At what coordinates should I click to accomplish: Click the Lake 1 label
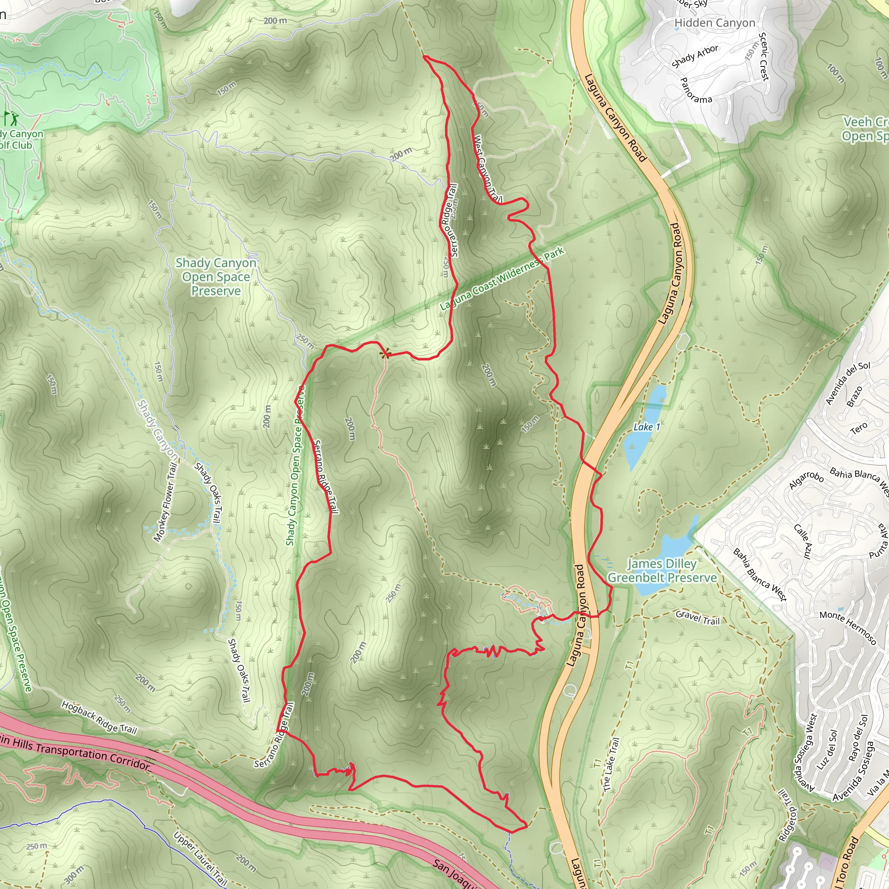pos(646,427)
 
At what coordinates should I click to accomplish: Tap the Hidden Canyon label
pos(714,23)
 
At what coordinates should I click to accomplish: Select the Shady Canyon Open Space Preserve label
pos(216,277)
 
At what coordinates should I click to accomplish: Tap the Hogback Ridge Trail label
pos(99,718)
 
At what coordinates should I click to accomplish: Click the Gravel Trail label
pos(697,618)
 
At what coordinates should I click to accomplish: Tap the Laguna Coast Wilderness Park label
pos(501,279)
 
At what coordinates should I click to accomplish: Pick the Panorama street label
pos(695,90)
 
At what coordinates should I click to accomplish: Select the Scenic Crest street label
pos(764,56)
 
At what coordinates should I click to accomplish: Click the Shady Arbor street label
pos(695,56)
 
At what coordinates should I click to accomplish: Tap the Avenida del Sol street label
pos(848,383)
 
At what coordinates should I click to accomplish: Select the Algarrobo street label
pos(806,481)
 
